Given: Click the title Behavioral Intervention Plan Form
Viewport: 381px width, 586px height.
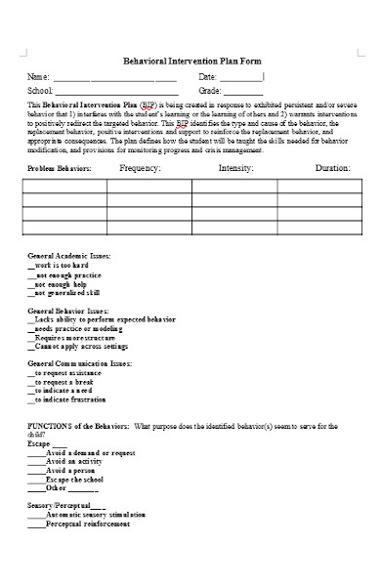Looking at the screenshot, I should click(x=191, y=60).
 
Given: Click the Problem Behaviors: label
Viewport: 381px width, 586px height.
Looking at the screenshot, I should click(x=60, y=169).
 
